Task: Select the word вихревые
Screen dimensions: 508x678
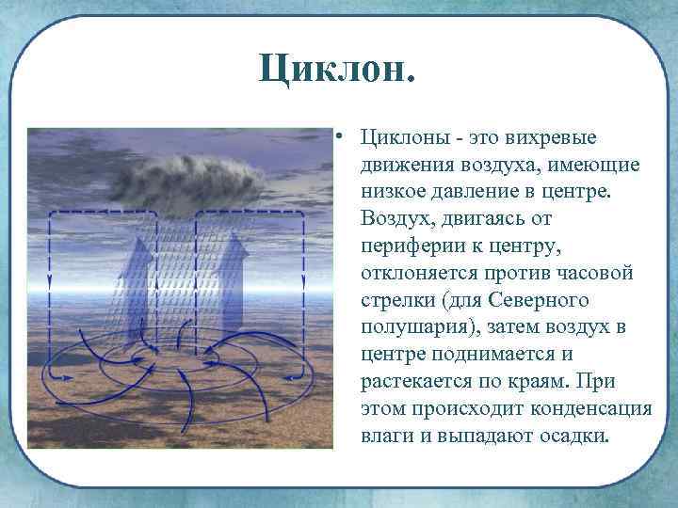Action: tap(551, 138)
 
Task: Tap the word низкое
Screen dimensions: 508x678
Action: tap(395, 192)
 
